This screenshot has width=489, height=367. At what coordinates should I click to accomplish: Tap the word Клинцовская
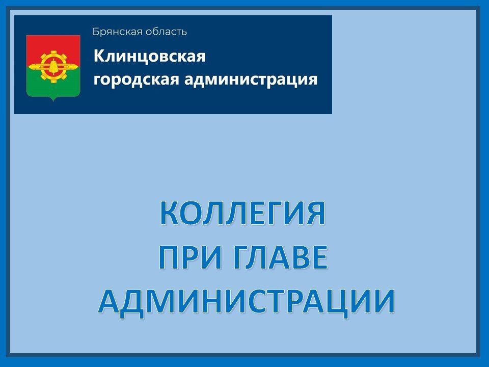tap(149, 56)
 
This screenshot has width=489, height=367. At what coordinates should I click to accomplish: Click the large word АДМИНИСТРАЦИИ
tap(247, 301)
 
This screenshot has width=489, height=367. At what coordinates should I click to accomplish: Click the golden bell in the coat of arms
tap(53, 66)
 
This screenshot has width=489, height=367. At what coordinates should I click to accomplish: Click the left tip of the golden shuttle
tap(29, 66)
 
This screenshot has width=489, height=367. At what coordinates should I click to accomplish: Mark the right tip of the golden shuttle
tap(78, 66)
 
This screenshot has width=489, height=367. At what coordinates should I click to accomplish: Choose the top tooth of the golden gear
tap(53, 52)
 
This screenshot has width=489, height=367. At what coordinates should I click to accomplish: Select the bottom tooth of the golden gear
tap(53, 81)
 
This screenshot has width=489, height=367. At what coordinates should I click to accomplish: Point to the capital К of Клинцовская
tap(98, 56)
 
